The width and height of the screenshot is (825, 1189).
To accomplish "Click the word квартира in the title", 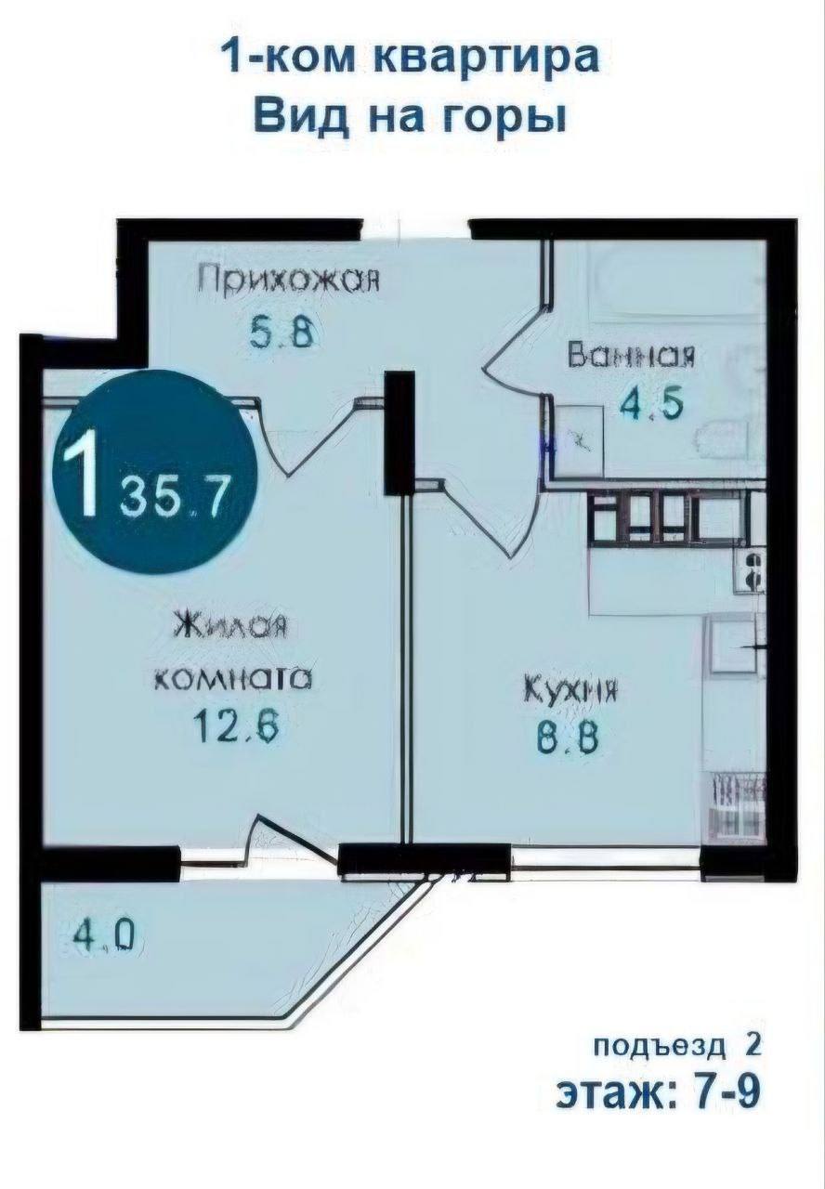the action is click(487, 58).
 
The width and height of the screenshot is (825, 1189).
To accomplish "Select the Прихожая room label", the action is click(287, 281).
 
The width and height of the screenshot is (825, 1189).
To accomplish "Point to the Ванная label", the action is click(631, 355).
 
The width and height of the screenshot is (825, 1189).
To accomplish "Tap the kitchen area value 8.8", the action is click(568, 738).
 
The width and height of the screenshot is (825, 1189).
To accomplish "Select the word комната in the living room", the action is click(232, 679).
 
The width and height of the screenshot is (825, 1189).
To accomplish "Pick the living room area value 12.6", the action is click(236, 726).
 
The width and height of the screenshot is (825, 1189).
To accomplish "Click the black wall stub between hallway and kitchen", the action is click(399, 433).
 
